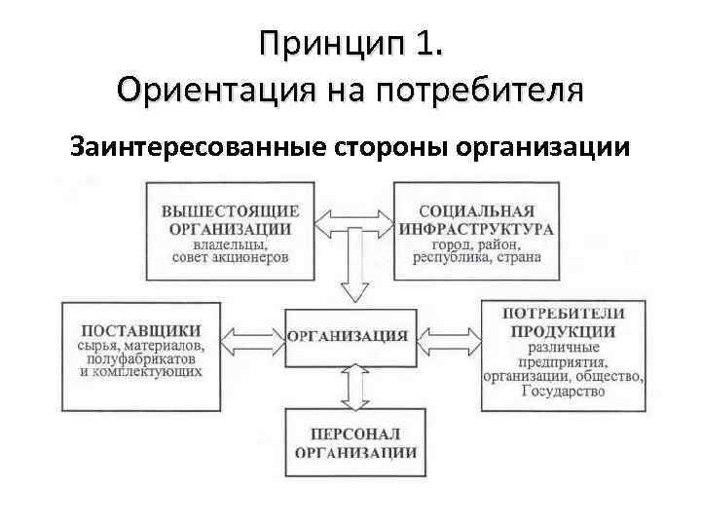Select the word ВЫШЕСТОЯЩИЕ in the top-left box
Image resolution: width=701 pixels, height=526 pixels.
(231, 211)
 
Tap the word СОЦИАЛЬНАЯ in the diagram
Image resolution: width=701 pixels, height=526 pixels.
(476, 211)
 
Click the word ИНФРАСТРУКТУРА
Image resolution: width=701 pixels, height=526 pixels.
(476, 228)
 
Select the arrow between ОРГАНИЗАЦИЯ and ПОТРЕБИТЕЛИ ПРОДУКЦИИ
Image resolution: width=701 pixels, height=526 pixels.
(446, 336)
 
